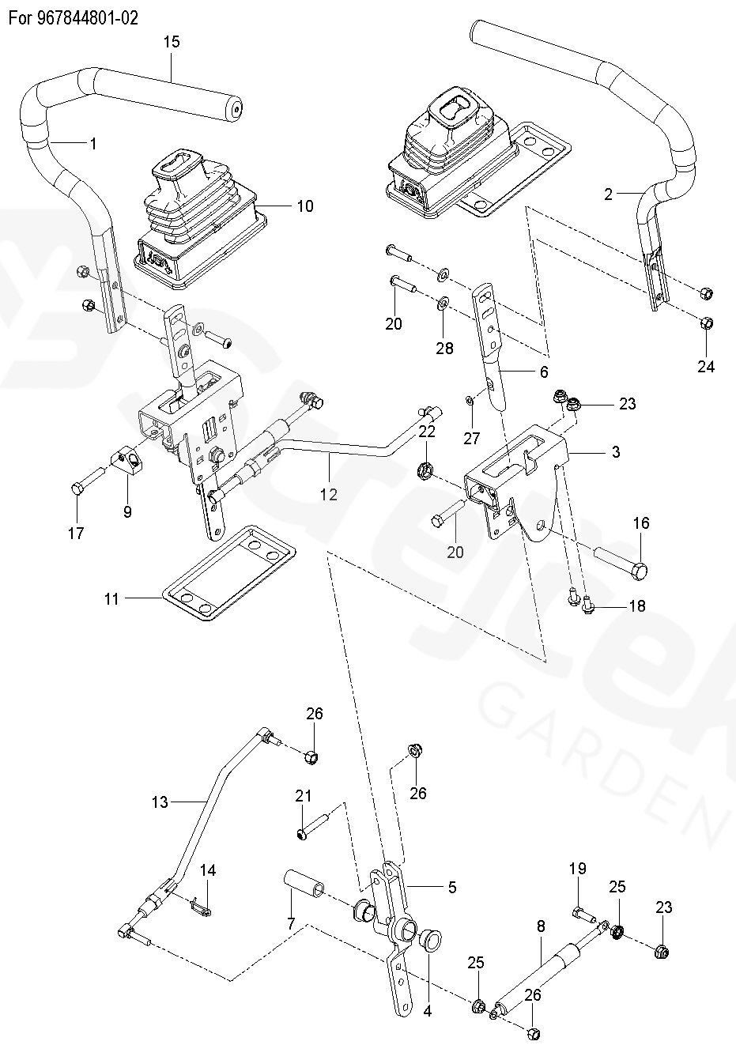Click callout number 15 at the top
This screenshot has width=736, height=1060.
click(x=172, y=42)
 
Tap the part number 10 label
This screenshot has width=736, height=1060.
click(x=304, y=206)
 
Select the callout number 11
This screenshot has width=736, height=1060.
click(x=111, y=599)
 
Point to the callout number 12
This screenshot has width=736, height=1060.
click(x=328, y=494)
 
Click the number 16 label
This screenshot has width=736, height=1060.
click(x=641, y=522)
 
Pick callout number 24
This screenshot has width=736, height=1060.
click(x=706, y=367)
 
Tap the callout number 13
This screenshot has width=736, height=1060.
click(x=160, y=802)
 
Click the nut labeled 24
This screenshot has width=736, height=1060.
click(x=708, y=323)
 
